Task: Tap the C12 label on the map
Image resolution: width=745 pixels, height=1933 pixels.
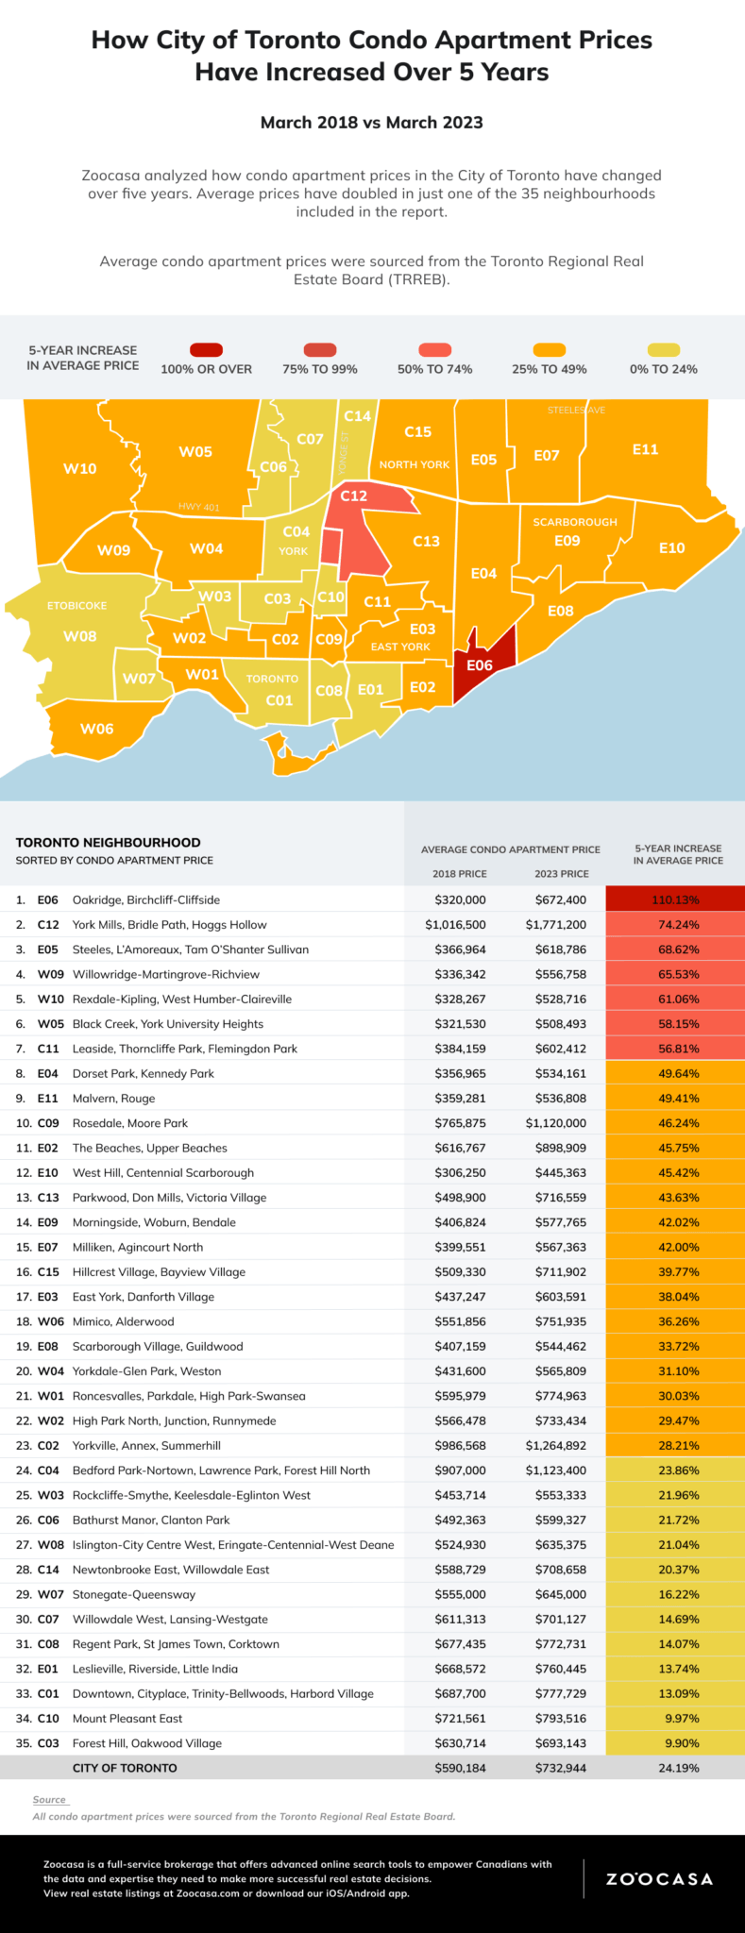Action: tap(354, 496)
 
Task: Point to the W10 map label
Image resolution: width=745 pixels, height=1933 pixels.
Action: tap(80, 468)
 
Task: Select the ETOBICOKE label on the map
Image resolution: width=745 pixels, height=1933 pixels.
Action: tap(77, 605)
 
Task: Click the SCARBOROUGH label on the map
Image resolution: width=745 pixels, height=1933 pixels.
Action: tap(575, 522)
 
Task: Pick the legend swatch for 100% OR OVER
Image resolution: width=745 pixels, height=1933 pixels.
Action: tap(206, 350)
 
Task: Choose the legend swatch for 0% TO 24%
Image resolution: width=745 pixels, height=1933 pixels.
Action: tap(663, 350)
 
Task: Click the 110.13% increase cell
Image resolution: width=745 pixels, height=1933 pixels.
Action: tap(675, 899)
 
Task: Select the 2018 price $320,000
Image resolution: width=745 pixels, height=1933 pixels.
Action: tap(460, 899)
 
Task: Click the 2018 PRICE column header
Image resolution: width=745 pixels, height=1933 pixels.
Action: tap(460, 874)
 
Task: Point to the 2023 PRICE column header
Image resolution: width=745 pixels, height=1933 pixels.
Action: tap(561, 874)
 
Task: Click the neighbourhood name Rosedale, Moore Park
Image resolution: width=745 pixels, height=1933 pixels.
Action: tap(130, 1123)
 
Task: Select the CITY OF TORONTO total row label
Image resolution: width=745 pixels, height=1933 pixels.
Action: tap(125, 1768)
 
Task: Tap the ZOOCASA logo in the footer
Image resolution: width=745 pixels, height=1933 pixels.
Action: tap(659, 1878)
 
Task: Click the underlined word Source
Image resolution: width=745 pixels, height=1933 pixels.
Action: tap(49, 1800)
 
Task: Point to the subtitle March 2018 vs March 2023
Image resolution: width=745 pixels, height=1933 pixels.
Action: tap(372, 123)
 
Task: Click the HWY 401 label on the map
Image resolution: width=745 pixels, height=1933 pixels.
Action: tap(198, 508)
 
